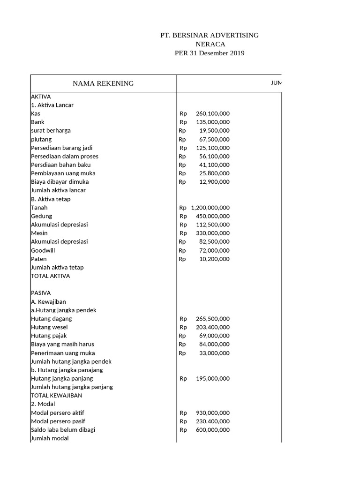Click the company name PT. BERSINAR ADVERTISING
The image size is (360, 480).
point(209,35)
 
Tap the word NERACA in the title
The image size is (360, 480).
point(210,44)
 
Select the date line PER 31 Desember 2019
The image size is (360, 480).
point(209,53)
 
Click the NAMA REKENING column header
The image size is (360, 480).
point(103,83)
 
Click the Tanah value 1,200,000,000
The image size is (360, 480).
point(210,208)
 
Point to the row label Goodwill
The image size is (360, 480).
point(43,250)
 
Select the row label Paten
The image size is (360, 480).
point(39,259)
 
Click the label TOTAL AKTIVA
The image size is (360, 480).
point(50,276)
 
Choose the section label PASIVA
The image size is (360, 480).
point(41,293)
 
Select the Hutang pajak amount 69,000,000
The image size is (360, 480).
point(214,336)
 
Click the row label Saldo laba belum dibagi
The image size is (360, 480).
point(63,429)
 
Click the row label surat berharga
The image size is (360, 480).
point(51,130)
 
